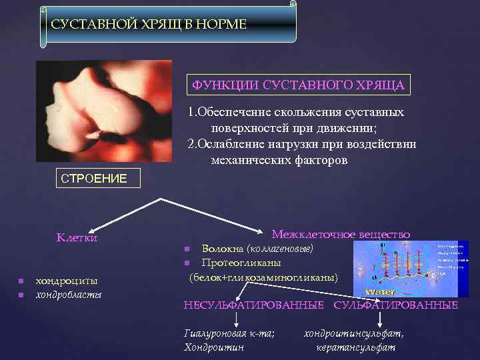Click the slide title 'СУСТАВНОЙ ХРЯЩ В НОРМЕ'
(x=149, y=25)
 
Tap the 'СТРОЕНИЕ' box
(x=93, y=179)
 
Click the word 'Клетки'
(x=77, y=237)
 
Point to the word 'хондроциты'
(x=67, y=281)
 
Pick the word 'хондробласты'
(x=69, y=294)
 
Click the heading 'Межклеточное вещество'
(x=341, y=234)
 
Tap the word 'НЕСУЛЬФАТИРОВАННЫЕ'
(x=254, y=305)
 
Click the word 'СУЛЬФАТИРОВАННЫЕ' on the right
(x=395, y=305)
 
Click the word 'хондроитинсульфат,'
(x=354, y=333)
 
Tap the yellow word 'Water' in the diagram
(x=381, y=292)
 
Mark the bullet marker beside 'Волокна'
(x=188, y=249)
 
